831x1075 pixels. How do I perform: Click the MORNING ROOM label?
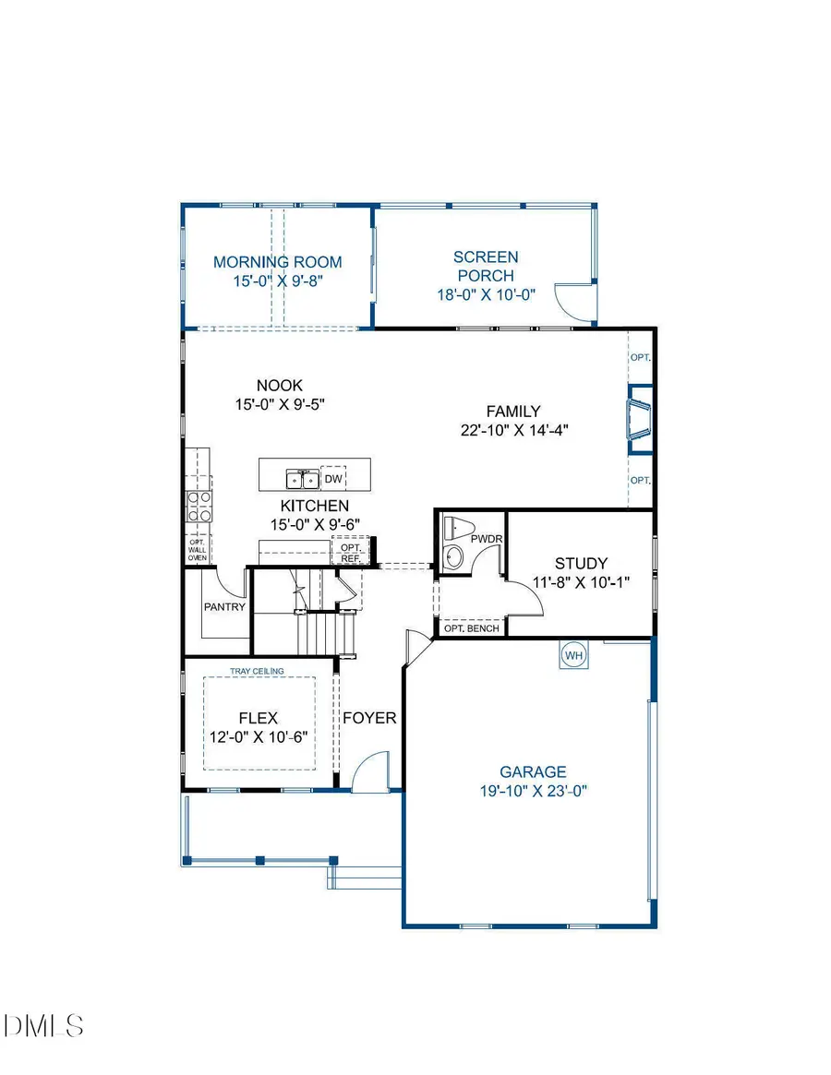(277, 262)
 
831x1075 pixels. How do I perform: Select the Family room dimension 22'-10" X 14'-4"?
(514, 429)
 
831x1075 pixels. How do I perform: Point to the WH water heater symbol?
(573, 655)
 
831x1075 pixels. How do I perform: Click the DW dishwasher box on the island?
(333, 479)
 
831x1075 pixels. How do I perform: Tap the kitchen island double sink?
(302, 479)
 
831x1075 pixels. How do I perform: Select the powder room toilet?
(452, 529)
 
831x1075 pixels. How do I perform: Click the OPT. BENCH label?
(471, 628)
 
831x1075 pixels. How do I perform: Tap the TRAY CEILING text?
(257, 671)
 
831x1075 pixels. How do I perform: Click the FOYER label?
(369, 718)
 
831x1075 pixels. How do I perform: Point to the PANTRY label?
(224, 606)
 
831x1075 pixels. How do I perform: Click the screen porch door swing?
(571, 298)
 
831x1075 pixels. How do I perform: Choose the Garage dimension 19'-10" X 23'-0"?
(532, 790)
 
